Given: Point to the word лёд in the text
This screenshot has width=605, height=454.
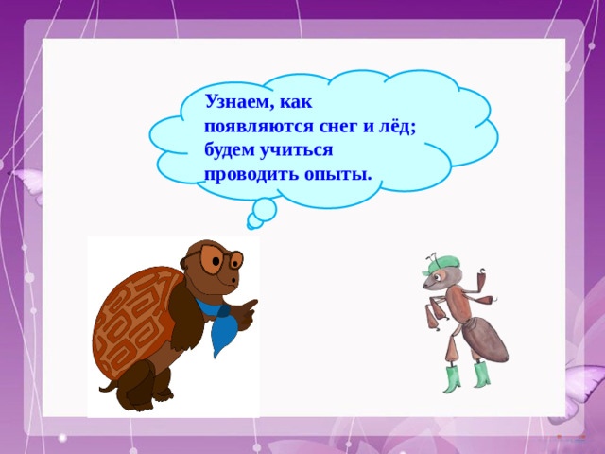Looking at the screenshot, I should coord(398,127).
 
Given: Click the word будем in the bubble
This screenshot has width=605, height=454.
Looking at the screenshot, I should coord(232,150).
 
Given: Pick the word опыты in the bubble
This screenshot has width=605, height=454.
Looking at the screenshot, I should coord(336,174).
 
